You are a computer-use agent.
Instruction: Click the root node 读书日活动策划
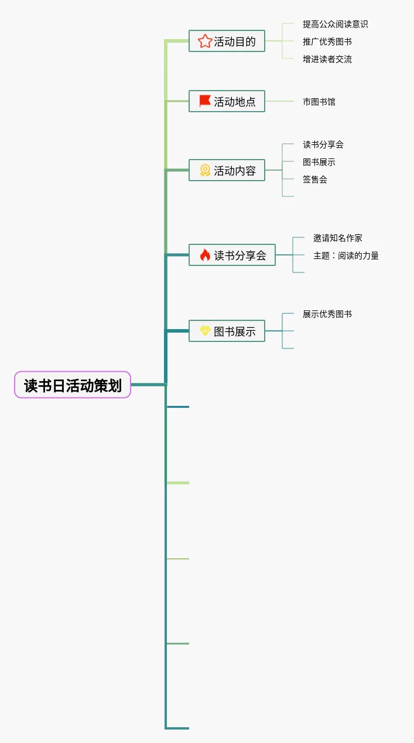coord(73,385)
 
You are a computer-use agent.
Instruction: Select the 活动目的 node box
coord(227,41)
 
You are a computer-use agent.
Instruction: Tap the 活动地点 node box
coord(227,101)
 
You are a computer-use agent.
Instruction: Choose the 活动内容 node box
coord(227,170)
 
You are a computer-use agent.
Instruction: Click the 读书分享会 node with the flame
coord(232,255)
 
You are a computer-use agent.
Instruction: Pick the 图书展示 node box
coord(227,331)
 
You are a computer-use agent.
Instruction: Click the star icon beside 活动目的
coord(204,41)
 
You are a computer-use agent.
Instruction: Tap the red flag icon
coord(204,101)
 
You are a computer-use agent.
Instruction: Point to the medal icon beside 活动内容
coord(205,170)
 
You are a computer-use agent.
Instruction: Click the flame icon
coord(205,255)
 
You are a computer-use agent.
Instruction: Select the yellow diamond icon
coord(205,331)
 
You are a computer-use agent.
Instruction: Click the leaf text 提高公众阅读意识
coord(335,24)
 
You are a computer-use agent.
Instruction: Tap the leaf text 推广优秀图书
coord(327,42)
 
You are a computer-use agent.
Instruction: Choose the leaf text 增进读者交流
coord(327,59)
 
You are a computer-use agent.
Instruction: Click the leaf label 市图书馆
coord(319,102)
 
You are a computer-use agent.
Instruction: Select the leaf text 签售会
coord(314,179)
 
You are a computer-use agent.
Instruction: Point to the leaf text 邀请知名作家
coord(337,238)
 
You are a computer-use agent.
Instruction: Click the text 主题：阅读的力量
coord(345,255)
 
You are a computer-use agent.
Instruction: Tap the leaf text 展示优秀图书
coord(327,314)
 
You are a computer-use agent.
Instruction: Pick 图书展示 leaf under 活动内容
coord(319,162)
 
